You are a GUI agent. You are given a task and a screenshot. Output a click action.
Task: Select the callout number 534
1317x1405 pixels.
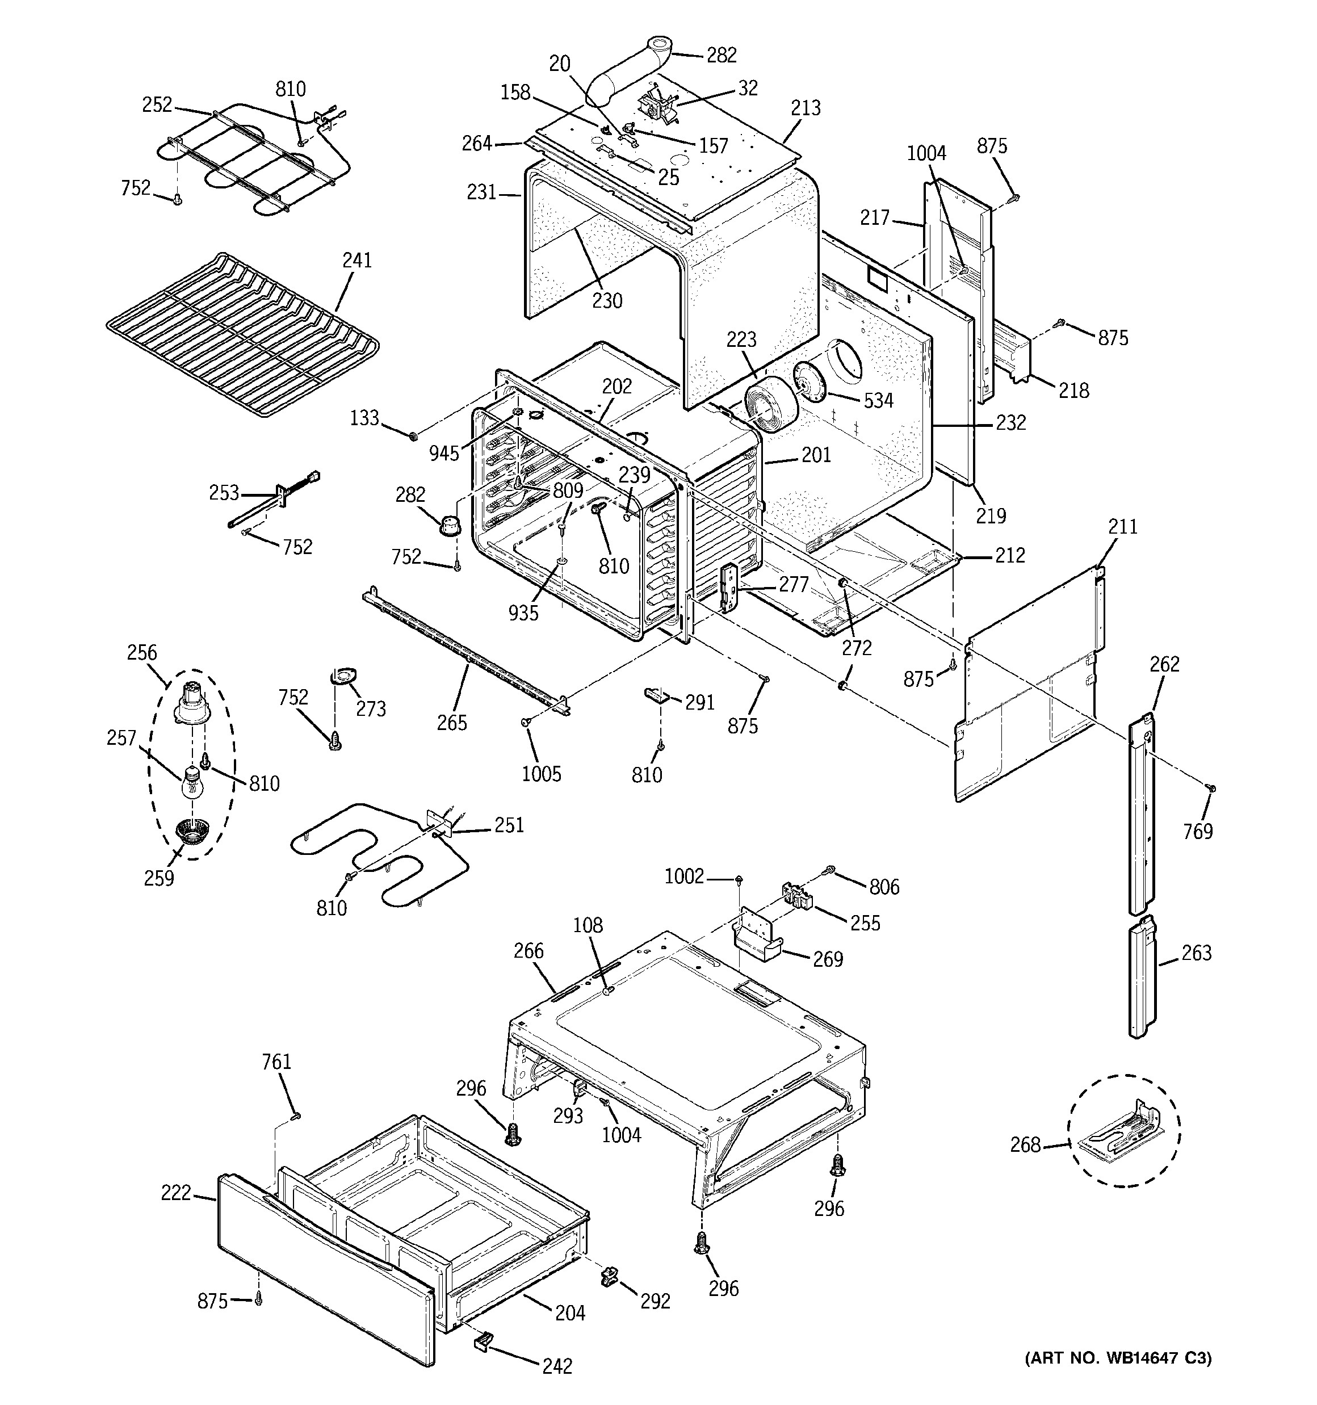(x=879, y=401)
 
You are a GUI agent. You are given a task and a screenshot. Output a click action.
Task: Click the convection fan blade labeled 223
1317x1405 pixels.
(x=767, y=410)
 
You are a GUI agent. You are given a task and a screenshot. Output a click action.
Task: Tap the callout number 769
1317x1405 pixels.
(x=1198, y=832)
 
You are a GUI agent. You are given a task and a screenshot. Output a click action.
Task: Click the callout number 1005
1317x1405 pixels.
(x=542, y=774)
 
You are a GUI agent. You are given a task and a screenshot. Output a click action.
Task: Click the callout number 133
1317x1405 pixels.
(x=365, y=418)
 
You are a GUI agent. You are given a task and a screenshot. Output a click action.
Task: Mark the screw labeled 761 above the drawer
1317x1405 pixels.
(x=296, y=1116)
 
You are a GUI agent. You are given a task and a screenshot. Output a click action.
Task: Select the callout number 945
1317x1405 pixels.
(x=444, y=454)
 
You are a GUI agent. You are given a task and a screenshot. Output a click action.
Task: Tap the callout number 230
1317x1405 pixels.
(x=606, y=301)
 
